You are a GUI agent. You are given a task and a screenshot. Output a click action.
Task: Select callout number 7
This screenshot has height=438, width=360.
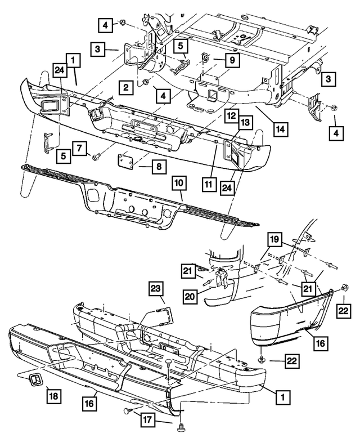point(79,149)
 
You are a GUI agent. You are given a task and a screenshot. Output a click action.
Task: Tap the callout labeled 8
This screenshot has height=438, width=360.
point(145,167)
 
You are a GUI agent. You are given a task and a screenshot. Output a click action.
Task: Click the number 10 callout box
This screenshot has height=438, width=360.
point(178,184)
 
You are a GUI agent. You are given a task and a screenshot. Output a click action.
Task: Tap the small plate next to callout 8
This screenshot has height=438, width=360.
point(124,162)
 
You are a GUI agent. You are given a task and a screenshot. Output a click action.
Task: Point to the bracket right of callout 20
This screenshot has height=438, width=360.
point(219,279)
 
